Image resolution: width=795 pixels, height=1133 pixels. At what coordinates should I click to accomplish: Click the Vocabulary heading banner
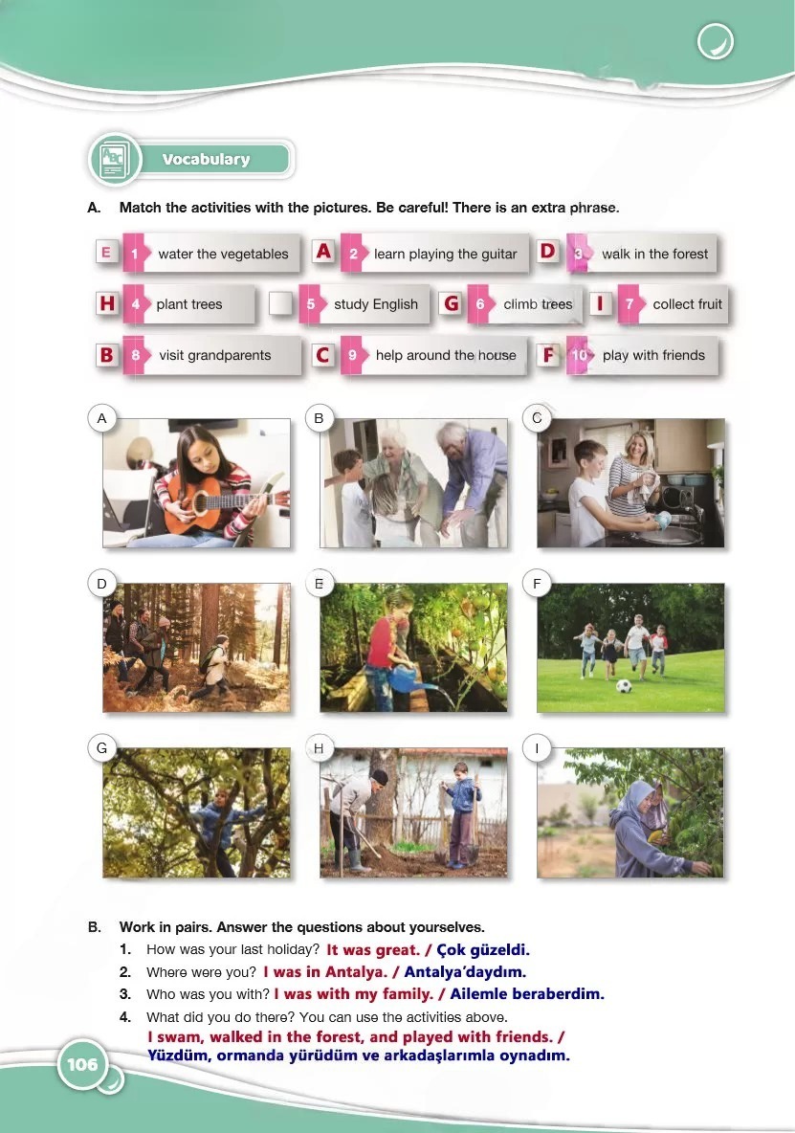[x=192, y=159]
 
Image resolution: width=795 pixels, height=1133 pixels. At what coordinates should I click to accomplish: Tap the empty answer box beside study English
[x=281, y=304]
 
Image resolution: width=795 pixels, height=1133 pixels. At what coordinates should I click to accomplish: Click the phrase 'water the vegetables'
[x=223, y=254]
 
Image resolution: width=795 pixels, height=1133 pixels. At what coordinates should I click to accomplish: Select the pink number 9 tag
[x=352, y=355]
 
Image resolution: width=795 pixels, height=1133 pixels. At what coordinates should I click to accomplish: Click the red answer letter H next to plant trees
[x=107, y=303]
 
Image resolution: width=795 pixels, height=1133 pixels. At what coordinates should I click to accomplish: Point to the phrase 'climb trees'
[x=538, y=304]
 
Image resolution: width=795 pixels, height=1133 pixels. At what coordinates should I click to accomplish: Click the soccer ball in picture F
[x=624, y=686]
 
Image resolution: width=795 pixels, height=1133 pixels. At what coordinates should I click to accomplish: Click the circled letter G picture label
[x=101, y=748]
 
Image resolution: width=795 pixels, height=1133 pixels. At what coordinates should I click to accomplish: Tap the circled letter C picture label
[x=537, y=417]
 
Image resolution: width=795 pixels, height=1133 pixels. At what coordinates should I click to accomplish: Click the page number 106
[x=82, y=1064]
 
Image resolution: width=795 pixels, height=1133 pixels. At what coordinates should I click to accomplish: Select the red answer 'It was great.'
[x=373, y=949]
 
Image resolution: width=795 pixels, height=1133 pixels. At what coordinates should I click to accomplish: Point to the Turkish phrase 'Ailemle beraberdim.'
[x=527, y=993]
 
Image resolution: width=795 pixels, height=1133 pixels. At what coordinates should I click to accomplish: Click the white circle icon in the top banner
[x=716, y=41]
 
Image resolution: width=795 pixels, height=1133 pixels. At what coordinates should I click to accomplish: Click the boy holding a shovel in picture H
[x=461, y=813]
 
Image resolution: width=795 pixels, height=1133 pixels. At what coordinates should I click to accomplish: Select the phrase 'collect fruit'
[x=688, y=304]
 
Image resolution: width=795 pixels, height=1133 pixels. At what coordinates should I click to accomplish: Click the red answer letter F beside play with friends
[x=549, y=355]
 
